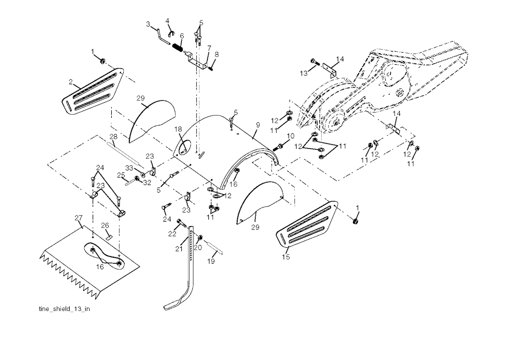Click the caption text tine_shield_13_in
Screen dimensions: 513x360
click(64, 309)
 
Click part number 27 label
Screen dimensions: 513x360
click(79, 218)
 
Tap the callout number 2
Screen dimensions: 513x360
click(71, 82)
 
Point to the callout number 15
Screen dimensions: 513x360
click(286, 257)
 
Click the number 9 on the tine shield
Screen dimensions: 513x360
click(258, 125)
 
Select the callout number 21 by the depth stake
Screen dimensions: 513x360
click(179, 249)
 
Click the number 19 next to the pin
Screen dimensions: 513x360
click(211, 261)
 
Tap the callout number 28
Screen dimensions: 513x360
click(113, 136)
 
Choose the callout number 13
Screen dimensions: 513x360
click(304, 73)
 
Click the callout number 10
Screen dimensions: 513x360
click(291, 136)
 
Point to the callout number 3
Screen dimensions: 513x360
click(148, 24)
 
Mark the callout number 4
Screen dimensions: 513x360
click(167, 21)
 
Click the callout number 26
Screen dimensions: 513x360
click(105, 226)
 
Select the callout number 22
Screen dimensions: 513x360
click(172, 234)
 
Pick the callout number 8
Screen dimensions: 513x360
click(216, 54)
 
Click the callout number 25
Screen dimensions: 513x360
click(121, 175)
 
